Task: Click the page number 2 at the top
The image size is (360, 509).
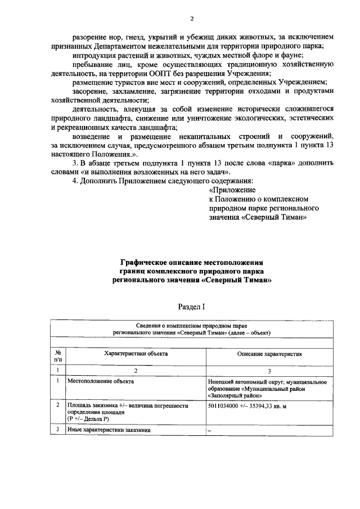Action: (180, 18)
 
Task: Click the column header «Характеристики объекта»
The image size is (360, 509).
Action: (136, 354)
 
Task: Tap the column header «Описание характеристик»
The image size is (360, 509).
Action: (269, 354)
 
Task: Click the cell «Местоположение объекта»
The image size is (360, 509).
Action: (101, 381)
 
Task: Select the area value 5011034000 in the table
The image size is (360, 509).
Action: (227, 404)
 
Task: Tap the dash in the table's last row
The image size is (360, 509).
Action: (209, 430)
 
